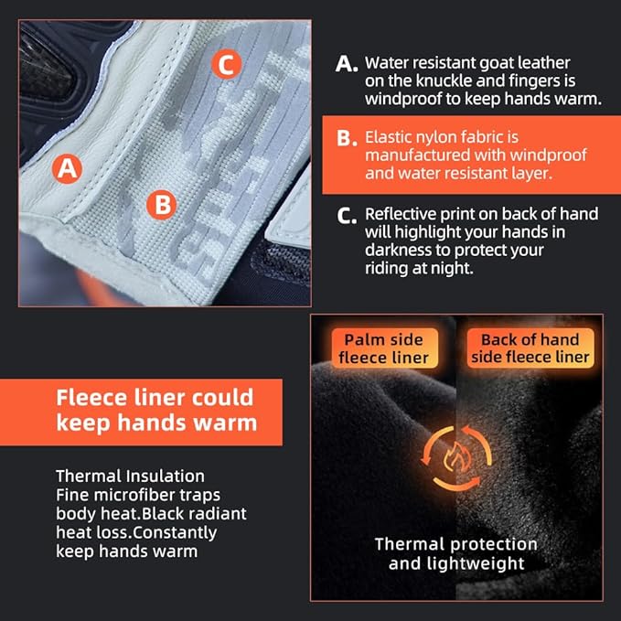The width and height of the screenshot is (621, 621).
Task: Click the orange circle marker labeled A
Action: (x=68, y=168)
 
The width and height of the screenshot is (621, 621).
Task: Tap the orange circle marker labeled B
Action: (x=162, y=205)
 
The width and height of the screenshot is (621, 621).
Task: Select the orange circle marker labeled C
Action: (x=227, y=64)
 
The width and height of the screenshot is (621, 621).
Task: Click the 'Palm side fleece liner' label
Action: (x=384, y=348)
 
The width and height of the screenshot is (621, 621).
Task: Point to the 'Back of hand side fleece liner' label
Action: (x=530, y=348)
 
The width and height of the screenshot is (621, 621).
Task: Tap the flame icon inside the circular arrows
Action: (x=455, y=457)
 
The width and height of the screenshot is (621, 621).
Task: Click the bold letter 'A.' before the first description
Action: (x=347, y=64)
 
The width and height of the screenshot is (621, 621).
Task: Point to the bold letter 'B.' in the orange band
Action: (x=347, y=138)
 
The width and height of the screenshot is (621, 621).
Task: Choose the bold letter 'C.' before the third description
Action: (x=347, y=216)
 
